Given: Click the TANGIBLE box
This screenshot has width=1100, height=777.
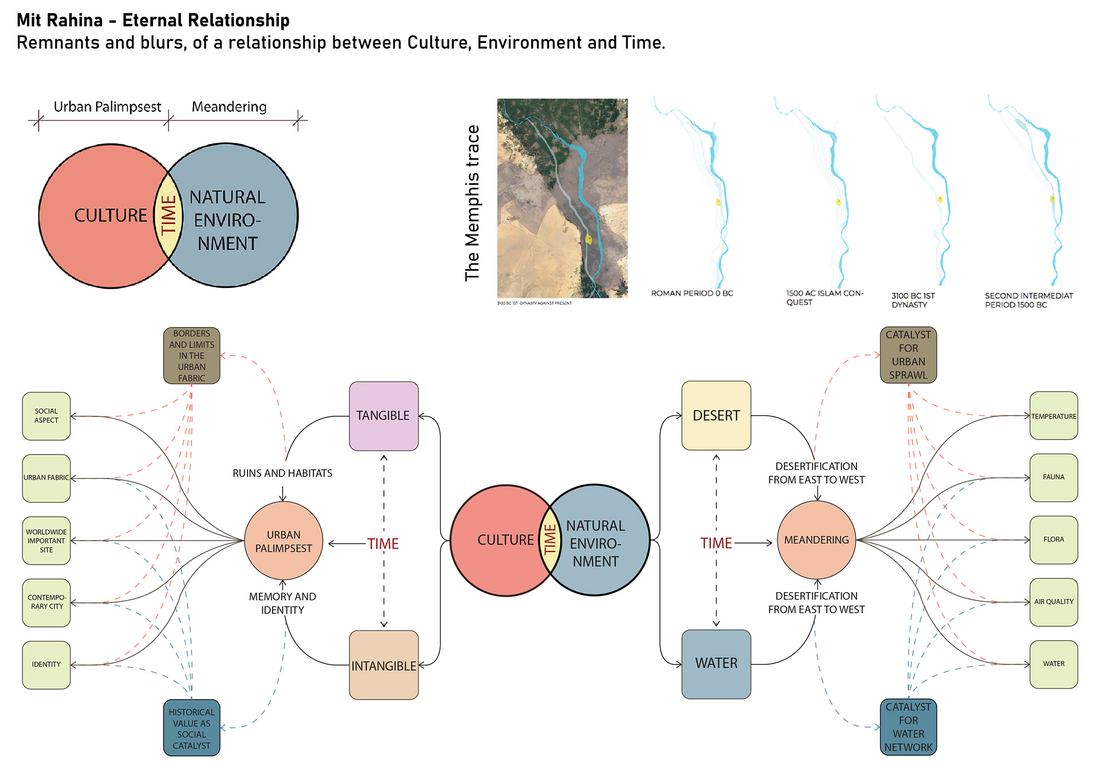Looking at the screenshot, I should click(383, 416).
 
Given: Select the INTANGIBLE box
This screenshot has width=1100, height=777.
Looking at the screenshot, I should click(383, 665).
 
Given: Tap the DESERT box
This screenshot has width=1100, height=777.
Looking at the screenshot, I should click(716, 416).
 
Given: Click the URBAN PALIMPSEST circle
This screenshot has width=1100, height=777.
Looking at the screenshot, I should click(284, 541).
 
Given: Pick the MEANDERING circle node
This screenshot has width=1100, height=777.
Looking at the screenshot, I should click(816, 540).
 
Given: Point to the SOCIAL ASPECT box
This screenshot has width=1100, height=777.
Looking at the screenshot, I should click(46, 416).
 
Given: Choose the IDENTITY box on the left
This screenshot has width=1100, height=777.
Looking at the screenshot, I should click(46, 665).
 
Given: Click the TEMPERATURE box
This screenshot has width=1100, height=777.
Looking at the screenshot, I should click(1054, 416).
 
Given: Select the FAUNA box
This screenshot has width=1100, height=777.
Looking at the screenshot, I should click(1054, 478).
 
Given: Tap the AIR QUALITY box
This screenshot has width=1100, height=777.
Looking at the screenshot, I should click(1054, 602).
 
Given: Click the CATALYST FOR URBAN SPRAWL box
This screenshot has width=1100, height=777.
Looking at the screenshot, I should click(908, 355).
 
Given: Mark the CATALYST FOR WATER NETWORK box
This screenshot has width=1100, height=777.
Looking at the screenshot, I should click(908, 727).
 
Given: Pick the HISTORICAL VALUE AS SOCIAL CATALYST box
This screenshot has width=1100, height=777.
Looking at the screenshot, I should click(191, 728).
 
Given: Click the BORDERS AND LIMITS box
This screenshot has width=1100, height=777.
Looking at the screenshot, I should click(191, 356).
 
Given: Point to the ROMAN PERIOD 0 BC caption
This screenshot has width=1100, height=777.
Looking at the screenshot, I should click(692, 293).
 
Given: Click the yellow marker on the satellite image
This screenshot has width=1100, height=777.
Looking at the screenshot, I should click(588, 239).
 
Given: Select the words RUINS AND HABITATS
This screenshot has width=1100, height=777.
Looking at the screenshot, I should click(282, 474).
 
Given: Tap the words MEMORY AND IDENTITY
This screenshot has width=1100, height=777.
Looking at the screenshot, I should click(282, 604).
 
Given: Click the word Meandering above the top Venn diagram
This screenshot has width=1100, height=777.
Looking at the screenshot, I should click(229, 107).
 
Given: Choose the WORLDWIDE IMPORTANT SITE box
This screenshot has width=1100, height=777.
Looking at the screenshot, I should click(46, 541).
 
